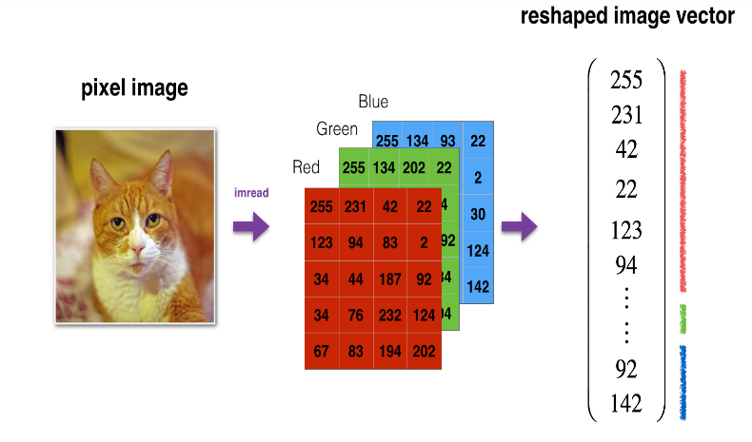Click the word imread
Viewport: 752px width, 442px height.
(251, 193)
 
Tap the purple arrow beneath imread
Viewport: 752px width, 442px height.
(251, 227)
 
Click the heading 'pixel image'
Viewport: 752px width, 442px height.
(134, 89)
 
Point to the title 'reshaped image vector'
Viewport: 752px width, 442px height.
(627, 18)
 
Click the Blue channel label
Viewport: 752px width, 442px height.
(373, 102)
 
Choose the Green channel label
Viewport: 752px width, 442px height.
(337, 128)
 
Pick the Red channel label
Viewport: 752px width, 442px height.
(306, 167)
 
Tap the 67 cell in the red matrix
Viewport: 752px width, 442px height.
(321, 352)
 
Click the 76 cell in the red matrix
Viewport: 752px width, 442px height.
(356, 315)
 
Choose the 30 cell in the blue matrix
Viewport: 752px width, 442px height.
(478, 214)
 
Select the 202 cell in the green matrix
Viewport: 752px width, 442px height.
(414, 168)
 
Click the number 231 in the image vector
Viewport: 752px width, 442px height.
(626, 115)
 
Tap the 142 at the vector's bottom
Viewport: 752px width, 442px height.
(626, 403)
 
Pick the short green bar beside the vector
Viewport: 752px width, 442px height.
(683, 318)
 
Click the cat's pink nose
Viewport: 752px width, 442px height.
(139, 250)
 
